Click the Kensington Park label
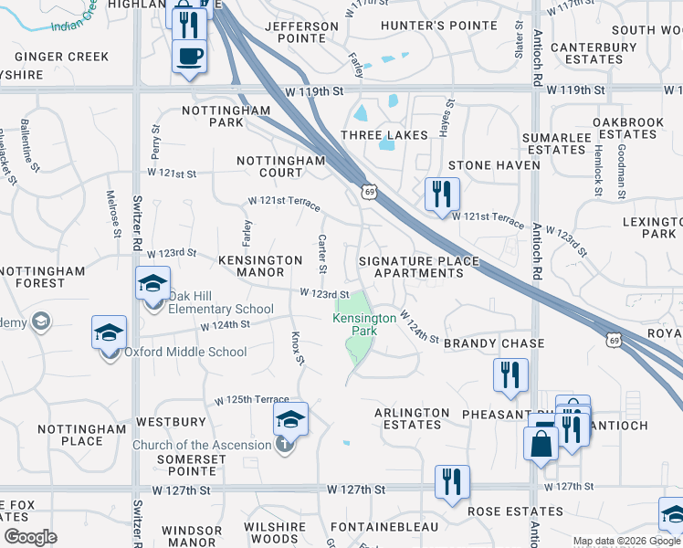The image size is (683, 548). (364, 324)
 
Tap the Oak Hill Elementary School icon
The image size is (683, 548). (153, 283)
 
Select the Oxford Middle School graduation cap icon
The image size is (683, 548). (109, 332)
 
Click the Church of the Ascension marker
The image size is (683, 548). (285, 445)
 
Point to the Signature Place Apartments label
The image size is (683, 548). (418, 267)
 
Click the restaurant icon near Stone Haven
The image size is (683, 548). (441, 194)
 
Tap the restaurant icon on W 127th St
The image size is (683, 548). (452, 481)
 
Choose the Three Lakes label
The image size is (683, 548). (384, 135)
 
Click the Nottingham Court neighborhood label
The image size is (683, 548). (281, 166)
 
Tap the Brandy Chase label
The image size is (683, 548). (494, 343)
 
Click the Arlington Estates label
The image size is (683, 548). (412, 418)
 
